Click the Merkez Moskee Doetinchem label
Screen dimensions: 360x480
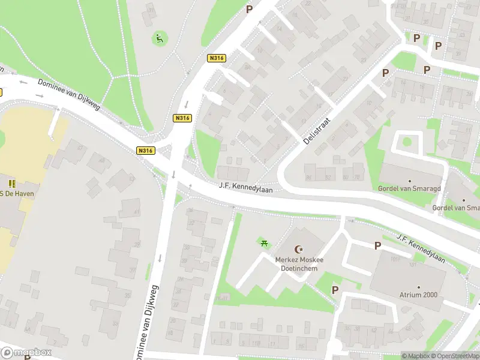[x=299, y=264]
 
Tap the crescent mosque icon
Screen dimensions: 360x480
[x=299, y=249]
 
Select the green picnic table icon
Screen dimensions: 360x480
[x=263, y=242]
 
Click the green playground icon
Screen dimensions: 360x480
[x=159, y=39]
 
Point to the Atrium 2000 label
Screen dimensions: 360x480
[x=418, y=295]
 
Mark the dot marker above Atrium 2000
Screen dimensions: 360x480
[x=418, y=287]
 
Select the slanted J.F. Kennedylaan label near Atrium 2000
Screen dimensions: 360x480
[x=421, y=248]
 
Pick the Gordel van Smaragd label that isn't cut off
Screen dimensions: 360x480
[x=409, y=188]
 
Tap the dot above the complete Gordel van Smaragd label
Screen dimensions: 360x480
[x=410, y=181]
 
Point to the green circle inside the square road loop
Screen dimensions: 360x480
[x=407, y=143]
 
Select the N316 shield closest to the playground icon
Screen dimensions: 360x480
[x=216, y=58]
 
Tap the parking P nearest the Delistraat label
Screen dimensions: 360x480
[x=386, y=73]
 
